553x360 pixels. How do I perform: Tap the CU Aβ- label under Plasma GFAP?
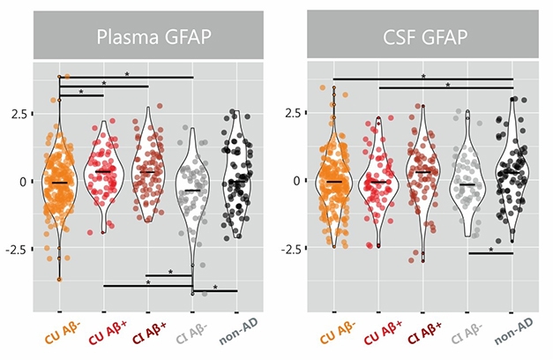coord(59,337)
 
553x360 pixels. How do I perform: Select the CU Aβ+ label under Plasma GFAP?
coord(104,337)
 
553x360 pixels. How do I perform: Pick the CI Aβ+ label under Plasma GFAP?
coord(148,337)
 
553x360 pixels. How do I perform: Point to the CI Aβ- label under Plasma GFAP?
coord(193,337)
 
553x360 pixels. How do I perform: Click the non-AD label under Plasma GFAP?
coord(238,337)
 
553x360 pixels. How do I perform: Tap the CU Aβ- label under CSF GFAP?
coord(334,337)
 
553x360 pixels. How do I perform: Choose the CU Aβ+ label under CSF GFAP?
coord(379,337)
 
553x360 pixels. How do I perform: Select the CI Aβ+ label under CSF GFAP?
coord(423,337)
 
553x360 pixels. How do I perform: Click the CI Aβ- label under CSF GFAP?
coord(468,337)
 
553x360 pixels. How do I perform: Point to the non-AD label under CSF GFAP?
coord(513,337)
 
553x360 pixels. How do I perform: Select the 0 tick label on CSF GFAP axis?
coord(296,182)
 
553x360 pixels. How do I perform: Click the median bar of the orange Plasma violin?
coord(59,183)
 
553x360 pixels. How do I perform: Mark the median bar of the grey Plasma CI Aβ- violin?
coord(193,190)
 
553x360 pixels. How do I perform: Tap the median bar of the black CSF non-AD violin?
coord(513,174)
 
